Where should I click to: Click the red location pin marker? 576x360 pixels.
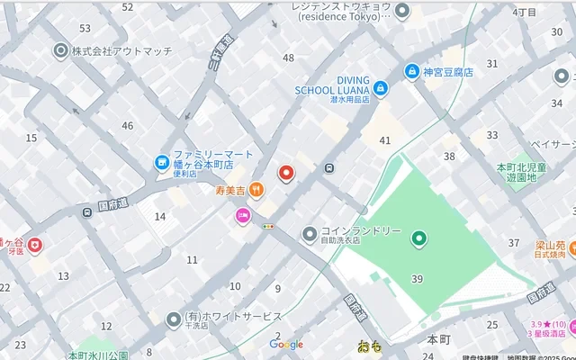(286, 173)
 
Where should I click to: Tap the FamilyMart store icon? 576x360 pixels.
(162, 162)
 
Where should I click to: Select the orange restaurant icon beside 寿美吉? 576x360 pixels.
(256, 189)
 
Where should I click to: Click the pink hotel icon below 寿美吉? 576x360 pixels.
(243, 215)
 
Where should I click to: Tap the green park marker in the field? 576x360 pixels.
(418, 238)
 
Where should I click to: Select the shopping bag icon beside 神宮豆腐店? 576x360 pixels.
(411, 72)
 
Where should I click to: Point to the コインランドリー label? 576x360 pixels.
(364, 231)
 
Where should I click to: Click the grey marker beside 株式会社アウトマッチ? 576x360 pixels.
(61, 51)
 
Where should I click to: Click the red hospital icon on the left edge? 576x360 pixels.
(34, 244)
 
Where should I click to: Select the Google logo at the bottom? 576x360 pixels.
(286, 345)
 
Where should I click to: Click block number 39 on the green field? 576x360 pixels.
(417, 279)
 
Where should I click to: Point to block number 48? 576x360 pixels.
(288, 58)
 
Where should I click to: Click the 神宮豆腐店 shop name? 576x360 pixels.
(448, 72)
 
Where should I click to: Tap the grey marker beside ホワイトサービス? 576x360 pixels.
(174, 319)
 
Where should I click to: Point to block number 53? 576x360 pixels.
(85, 29)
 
